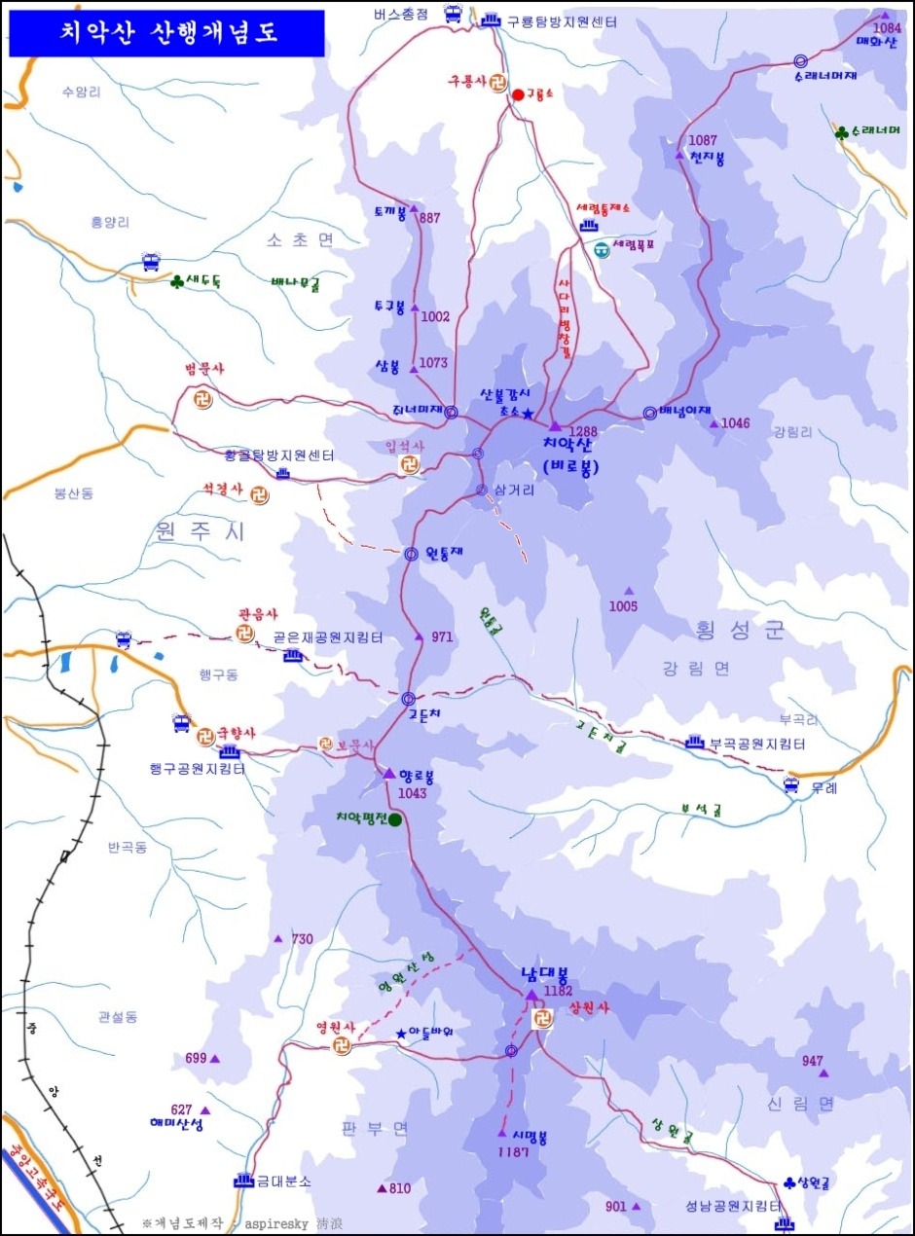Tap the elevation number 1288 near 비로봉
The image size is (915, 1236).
pyautogui.click(x=583, y=431)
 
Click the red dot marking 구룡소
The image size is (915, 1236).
pyautogui.click(x=518, y=94)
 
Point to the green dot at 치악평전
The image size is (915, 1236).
pyautogui.click(x=395, y=820)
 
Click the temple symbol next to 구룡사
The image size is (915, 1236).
pyautogui.click(x=497, y=83)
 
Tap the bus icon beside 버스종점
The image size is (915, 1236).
pyautogui.click(x=453, y=14)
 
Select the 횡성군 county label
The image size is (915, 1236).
pyautogui.click(x=740, y=631)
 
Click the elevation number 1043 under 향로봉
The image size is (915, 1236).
pyautogui.click(x=412, y=793)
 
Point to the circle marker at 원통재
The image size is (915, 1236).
pyautogui.click(x=411, y=554)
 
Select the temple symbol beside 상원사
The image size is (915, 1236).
pyautogui.click(x=542, y=1019)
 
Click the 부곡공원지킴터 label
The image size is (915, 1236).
pyautogui.click(x=757, y=744)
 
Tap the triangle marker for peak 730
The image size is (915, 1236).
pyautogui.click(x=277, y=939)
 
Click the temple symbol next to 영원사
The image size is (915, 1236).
pyautogui.click(x=341, y=1044)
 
